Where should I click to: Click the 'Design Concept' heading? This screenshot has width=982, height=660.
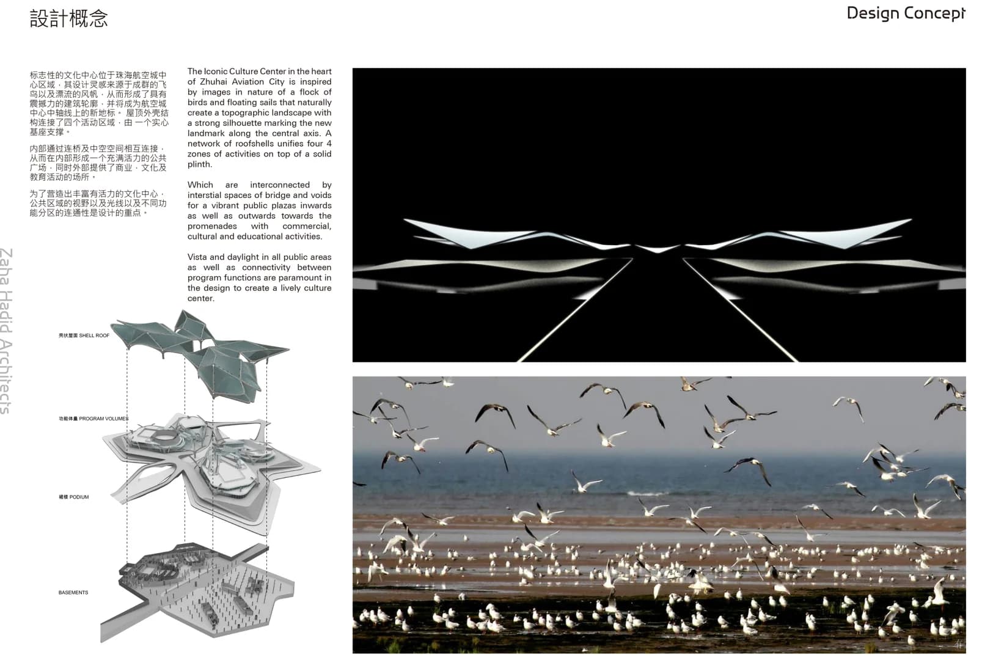(905, 13)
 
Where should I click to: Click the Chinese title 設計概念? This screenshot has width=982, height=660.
(68, 18)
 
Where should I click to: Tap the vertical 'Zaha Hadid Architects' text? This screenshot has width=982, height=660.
(6, 331)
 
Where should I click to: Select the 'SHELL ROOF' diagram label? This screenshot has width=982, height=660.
(84, 335)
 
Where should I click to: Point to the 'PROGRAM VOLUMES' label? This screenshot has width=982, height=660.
(93, 419)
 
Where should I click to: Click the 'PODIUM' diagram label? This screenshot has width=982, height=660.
(74, 497)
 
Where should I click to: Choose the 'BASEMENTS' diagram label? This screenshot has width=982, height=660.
(73, 592)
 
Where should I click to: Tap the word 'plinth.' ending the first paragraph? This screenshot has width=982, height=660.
(200, 164)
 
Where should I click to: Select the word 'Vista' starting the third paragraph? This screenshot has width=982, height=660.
(197, 257)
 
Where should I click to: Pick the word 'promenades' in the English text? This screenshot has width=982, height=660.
(212, 226)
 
